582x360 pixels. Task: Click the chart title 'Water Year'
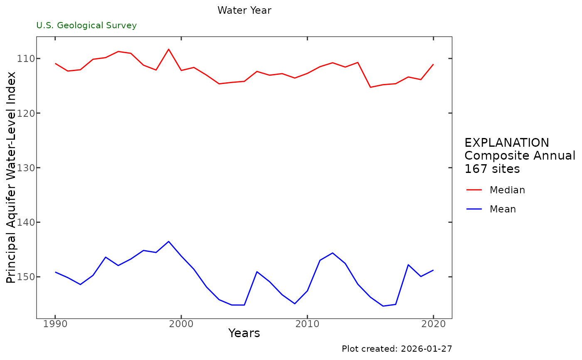pyautogui.click(x=244, y=11)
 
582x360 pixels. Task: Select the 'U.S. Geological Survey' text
pyautogui.click(x=86, y=25)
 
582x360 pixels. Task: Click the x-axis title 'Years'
pyautogui.click(x=244, y=333)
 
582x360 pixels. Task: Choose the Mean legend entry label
pyautogui.click(x=503, y=209)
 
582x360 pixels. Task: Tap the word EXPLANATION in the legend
pyautogui.click(x=506, y=143)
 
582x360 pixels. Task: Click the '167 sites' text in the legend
pyautogui.click(x=492, y=169)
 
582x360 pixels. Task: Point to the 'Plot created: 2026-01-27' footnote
pyautogui.click(x=397, y=349)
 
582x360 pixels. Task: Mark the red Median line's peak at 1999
pyautogui.click(x=168, y=49)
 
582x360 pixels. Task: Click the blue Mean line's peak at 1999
pyautogui.click(x=168, y=241)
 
